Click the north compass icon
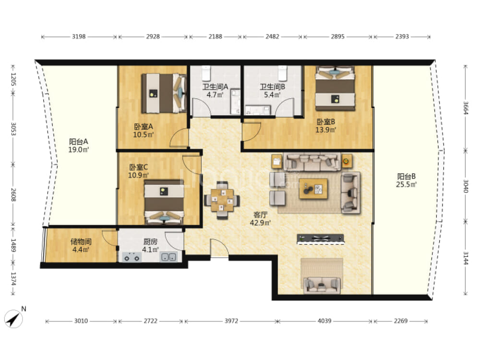[x=13, y=319]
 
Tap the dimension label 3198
[x=79, y=36]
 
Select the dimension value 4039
[x=324, y=321]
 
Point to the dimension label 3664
[x=465, y=108]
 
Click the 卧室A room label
[x=143, y=126]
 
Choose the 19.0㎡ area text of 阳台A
[x=79, y=150]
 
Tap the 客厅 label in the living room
[x=260, y=215]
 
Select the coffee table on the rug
[x=313, y=189]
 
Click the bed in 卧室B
[x=335, y=88]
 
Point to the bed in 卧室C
[x=164, y=203]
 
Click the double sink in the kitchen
[x=168, y=257]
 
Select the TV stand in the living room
[x=321, y=239]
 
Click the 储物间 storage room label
[x=81, y=241]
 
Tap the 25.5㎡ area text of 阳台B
[x=406, y=184]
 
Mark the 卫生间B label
[x=273, y=87]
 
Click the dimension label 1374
[x=13, y=279]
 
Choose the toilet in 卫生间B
[x=282, y=72]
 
